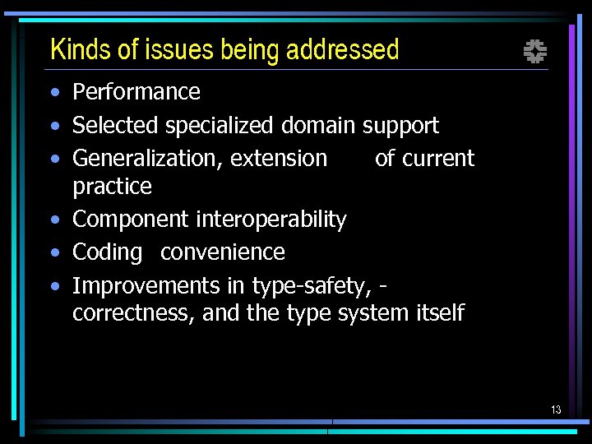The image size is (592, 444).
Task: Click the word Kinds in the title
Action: click(81, 50)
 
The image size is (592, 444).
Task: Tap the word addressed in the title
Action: click(342, 50)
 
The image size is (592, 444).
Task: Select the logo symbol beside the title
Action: click(535, 53)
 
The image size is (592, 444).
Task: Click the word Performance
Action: click(136, 92)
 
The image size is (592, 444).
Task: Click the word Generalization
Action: click(146, 159)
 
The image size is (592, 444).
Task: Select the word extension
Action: click(279, 159)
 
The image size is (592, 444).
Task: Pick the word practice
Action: click(112, 187)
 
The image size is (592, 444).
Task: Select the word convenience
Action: click(223, 252)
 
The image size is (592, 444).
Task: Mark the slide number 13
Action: click(556, 409)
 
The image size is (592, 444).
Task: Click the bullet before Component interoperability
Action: click(53, 220)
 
